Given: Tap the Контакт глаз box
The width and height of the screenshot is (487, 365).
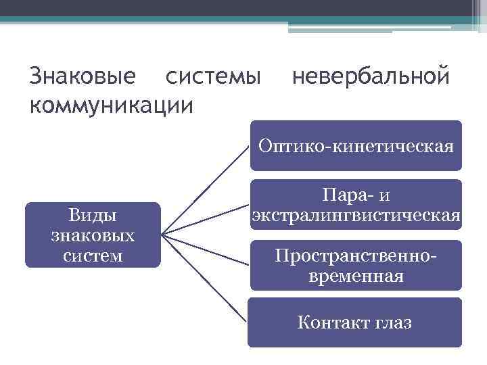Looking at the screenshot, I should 354,322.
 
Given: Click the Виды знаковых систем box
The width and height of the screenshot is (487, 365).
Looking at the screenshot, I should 93,235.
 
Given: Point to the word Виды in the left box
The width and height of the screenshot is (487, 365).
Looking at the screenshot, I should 93,215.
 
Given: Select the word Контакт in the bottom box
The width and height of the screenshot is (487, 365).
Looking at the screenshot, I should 327,322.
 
